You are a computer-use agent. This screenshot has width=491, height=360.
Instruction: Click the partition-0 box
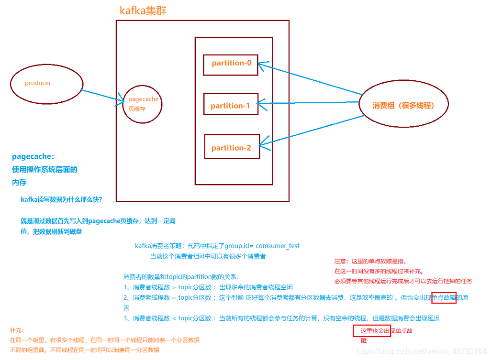[x=230, y=65]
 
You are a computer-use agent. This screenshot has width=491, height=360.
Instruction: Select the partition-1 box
[x=231, y=104]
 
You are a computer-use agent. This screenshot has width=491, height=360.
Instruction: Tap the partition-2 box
[x=231, y=147]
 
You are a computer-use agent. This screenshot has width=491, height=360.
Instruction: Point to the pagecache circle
[x=142, y=104]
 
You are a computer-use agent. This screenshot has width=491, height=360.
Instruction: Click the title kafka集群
[x=143, y=11]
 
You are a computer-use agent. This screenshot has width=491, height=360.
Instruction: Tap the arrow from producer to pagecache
[x=102, y=96]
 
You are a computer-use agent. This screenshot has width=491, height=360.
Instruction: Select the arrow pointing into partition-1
[x=309, y=102]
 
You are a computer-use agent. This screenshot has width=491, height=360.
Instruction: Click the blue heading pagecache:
[x=33, y=156]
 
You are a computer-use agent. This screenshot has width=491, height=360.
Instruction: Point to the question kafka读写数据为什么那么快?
[x=61, y=199]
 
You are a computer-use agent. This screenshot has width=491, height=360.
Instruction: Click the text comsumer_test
[x=278, y=246]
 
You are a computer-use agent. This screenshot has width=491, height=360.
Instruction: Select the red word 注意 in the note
[x=340, y=262]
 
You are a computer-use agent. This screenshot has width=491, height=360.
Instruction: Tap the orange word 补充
[x=16, y=330]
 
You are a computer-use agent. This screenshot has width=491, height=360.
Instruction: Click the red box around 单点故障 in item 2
[x=444, y=298]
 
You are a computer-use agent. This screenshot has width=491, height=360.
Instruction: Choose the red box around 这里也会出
[x=372, y=331]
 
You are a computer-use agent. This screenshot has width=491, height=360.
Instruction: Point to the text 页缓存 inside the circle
[x=137, y=109]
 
